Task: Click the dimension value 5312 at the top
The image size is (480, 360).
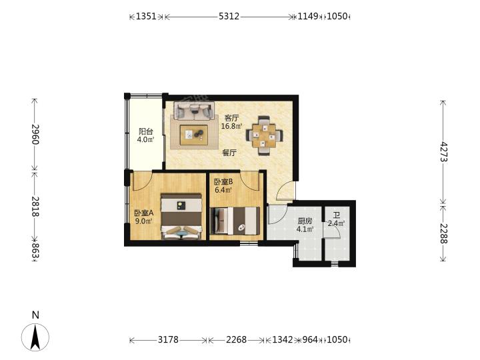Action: click(x=229, y=16)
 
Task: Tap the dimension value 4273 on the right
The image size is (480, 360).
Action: click(x=443, y=152)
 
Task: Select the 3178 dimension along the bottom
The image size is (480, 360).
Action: click(x=168, y=339)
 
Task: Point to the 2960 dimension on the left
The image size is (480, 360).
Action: click(x=35, y=134)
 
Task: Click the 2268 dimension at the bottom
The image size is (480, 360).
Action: click(x=236, y=339)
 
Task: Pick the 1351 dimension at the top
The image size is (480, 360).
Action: click(x=146, y=16)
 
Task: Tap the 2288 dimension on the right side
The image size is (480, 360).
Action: click(x=443, y=233)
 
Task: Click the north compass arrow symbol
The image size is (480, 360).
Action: click(x=35, y=337)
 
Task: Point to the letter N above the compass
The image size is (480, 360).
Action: click(x=35, y=315)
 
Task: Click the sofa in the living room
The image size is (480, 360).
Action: click(x=194, y=111)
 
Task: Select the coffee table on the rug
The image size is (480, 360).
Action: click(x=194, y=135)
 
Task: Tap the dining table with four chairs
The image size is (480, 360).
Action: click(x=264, y=135)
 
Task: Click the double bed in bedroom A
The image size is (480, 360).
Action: click(x=181, y=216)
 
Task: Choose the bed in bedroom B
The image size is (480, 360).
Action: click(x=235, y=221)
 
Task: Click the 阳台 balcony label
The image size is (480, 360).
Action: click(x=146, y=131)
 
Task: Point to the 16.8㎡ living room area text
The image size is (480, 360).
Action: click(x=232, y=126)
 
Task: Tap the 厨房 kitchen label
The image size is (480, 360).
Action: click(x=305, y=221)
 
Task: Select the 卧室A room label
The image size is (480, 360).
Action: click(x=143, y=213)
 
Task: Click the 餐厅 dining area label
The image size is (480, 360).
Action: click(x=229, y=153)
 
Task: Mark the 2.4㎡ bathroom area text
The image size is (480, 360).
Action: click(x=337, y=223)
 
